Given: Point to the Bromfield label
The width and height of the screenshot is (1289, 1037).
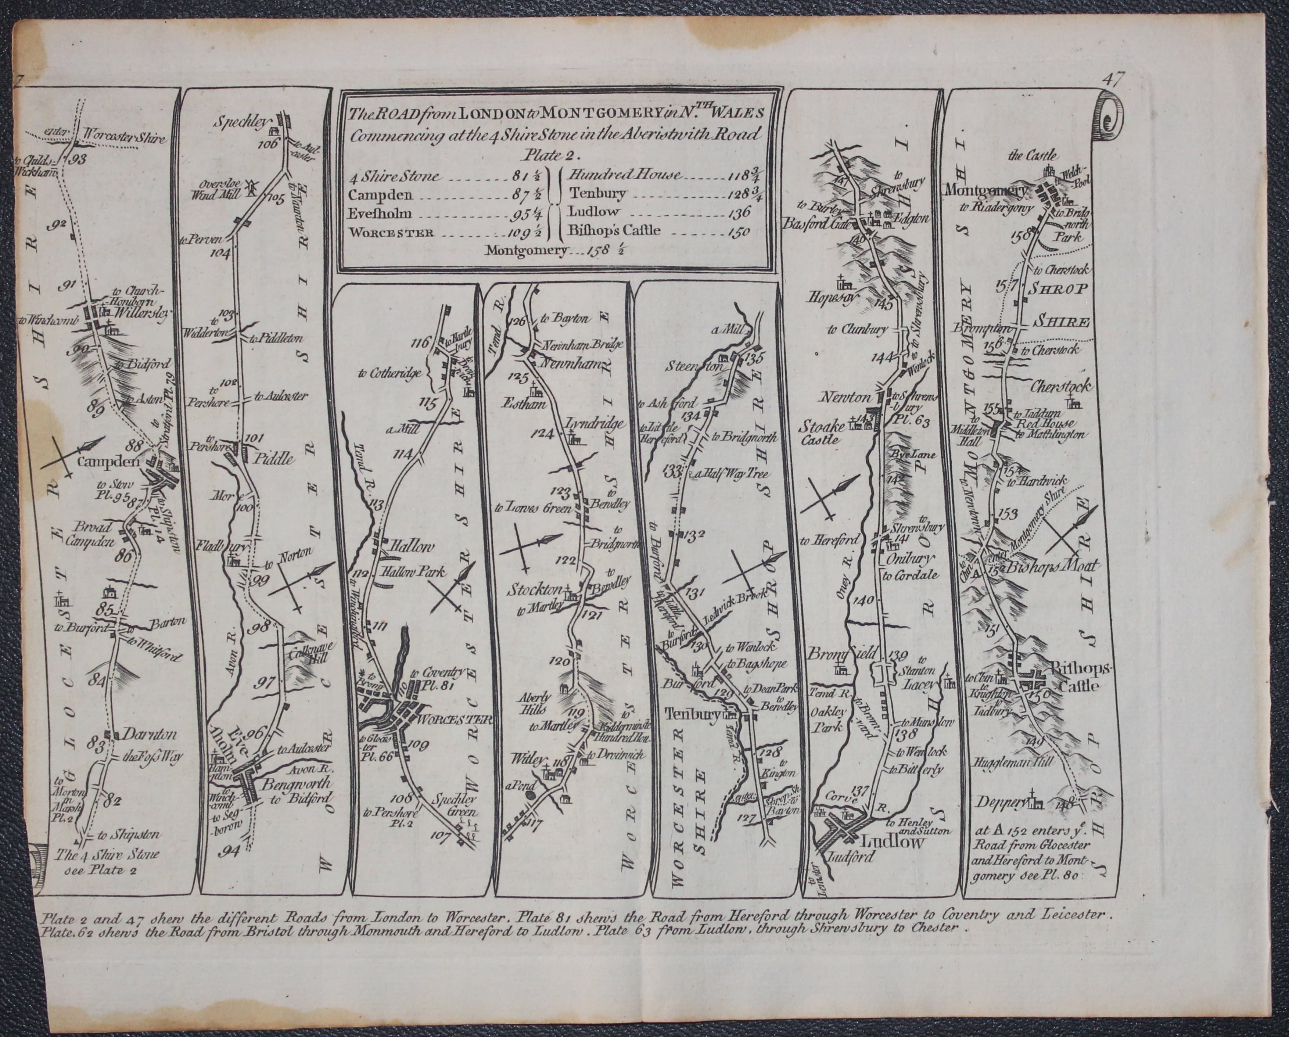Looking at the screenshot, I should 834,654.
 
